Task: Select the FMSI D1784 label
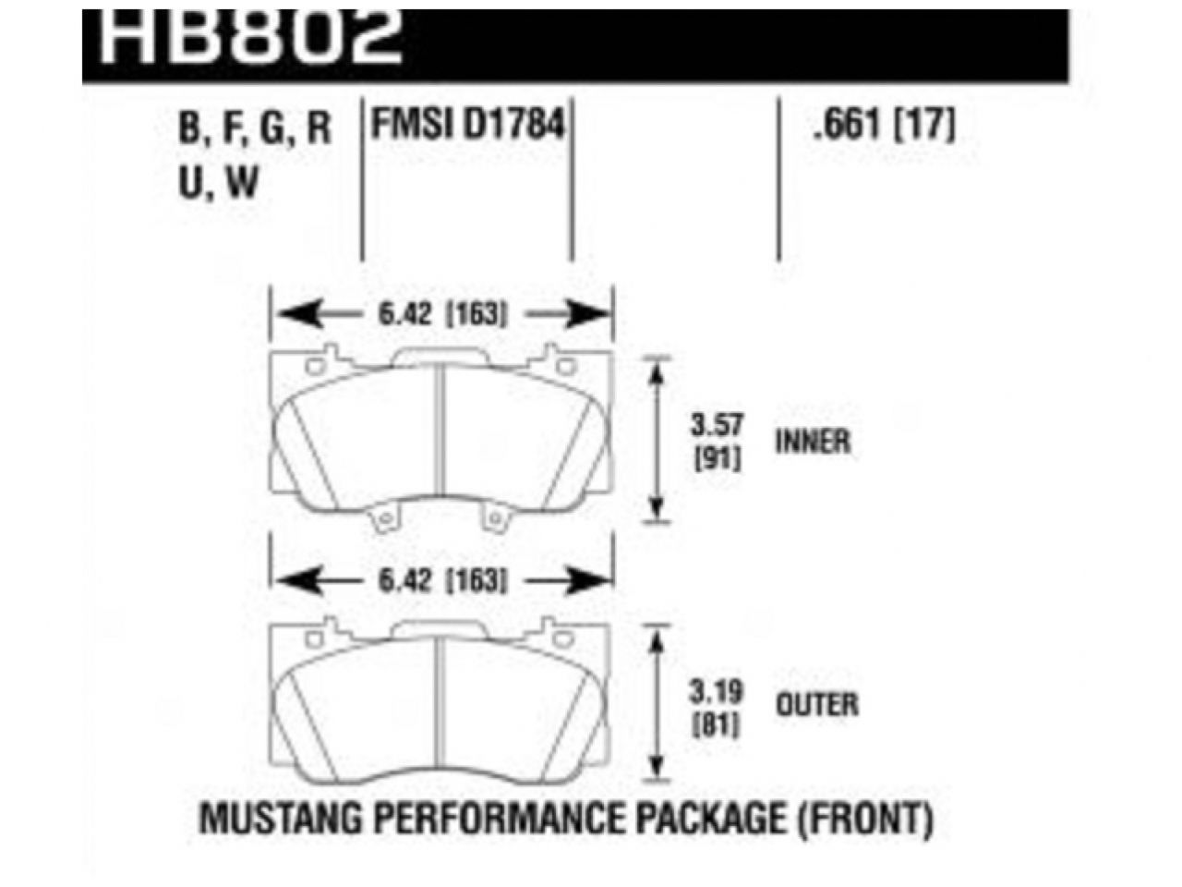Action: coord(467,125)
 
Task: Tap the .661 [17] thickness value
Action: coord(882,125)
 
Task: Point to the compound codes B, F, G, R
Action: coord(254,128)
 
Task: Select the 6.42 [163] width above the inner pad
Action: coord(441,315)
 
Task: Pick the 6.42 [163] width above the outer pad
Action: coord(441,581)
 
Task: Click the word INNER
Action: coord(813,442)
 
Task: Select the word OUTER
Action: coord(817,705)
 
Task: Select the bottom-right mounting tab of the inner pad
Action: coord(498,520)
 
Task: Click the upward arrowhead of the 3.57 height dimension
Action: coord(657,371)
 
